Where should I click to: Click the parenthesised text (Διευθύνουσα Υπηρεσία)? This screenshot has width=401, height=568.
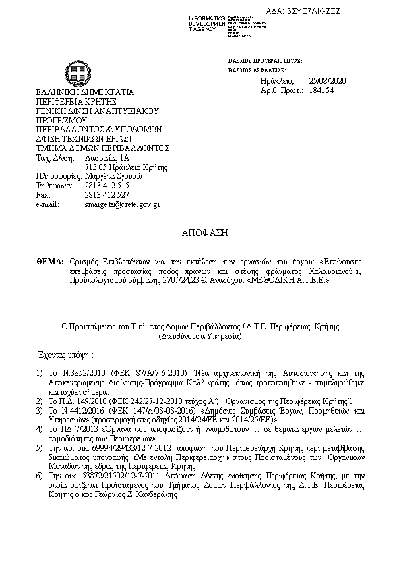pyautogui.click(x=200, y=335)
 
